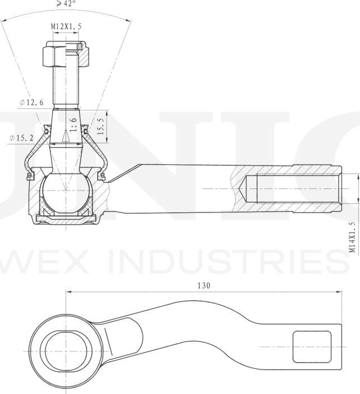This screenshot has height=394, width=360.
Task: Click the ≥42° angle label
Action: tap(66, 4)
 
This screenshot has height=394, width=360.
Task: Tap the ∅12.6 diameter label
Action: tap(30, 102)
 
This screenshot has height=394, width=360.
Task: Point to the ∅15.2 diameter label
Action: tap(21, 138)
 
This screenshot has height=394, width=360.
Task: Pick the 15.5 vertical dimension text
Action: tap(100, 126)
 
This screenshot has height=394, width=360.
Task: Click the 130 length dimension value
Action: tap(204, 285)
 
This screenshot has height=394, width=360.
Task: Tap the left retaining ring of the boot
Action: tap(29, 178)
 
